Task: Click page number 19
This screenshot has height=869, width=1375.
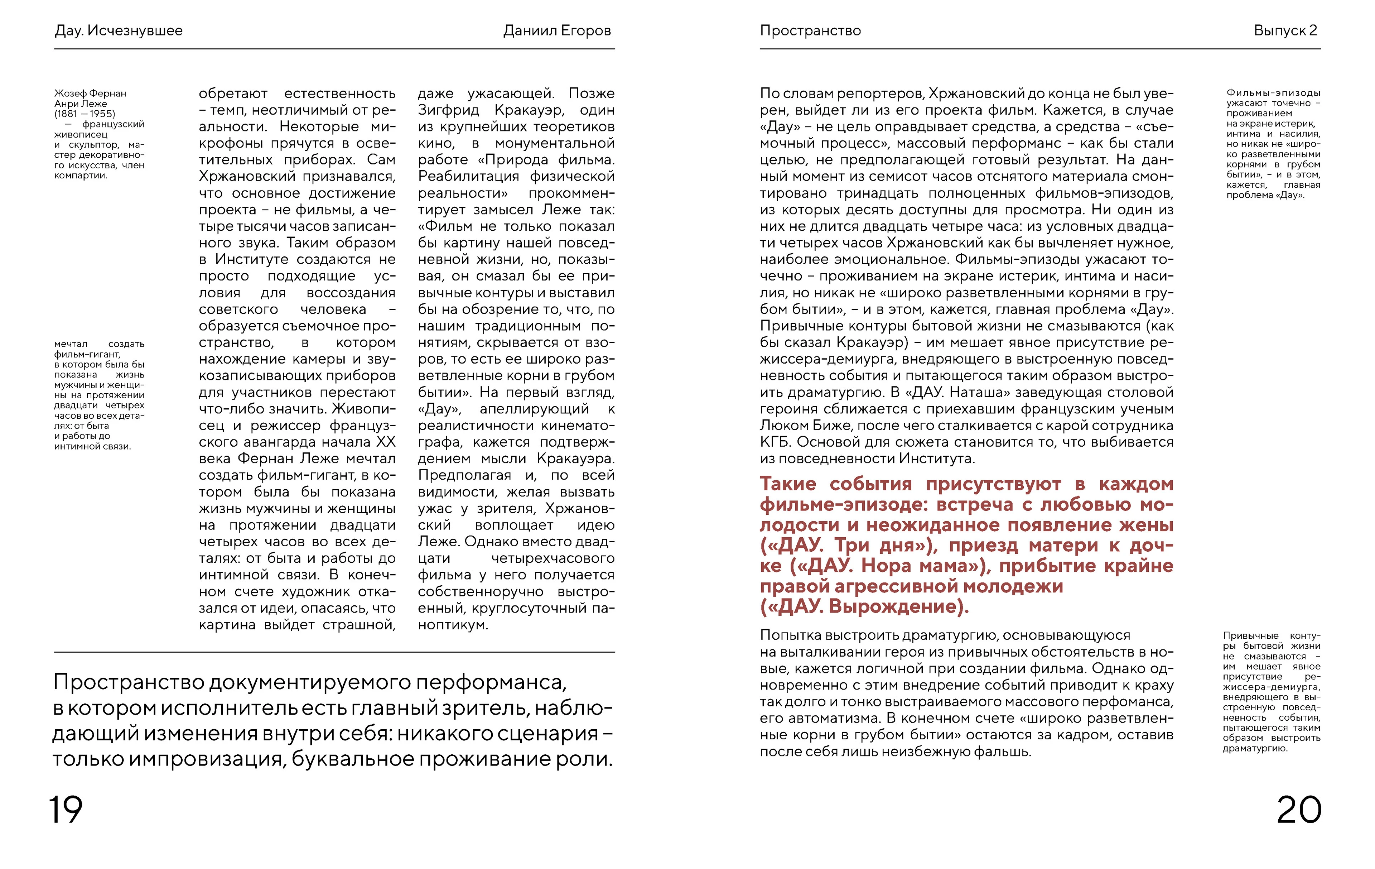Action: click(x=66, y=810)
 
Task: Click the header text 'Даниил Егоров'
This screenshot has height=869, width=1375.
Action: click(x=557, y=31)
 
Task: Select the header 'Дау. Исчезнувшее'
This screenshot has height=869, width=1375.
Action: click(x=119, y=31)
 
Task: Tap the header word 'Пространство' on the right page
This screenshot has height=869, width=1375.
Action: click(x=810, y=31)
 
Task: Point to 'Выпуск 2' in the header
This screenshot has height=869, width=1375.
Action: click(x=1285, y=31)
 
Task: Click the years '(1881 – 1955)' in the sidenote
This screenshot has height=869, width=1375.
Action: click(x=85, y=114)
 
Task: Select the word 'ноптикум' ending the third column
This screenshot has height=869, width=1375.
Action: click(x=451, y=625)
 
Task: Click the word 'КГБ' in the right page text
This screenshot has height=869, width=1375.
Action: click(x=776, y=442)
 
